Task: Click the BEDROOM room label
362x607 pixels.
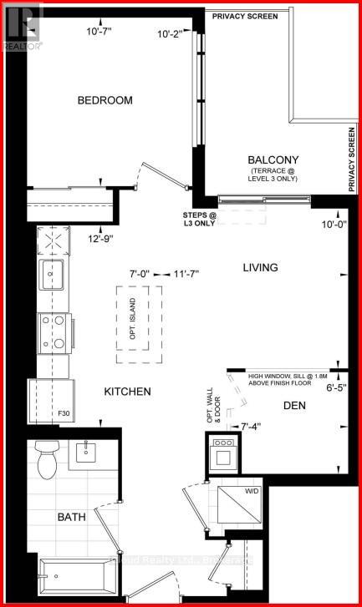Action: tap(105, 100)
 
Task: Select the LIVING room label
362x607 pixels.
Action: tap(260, 268)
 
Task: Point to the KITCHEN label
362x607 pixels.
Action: tap(127, 392)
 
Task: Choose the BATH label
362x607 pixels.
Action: tap(71, 518)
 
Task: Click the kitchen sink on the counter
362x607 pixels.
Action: tap(52, 274)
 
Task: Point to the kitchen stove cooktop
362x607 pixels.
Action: tap(53, 332)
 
